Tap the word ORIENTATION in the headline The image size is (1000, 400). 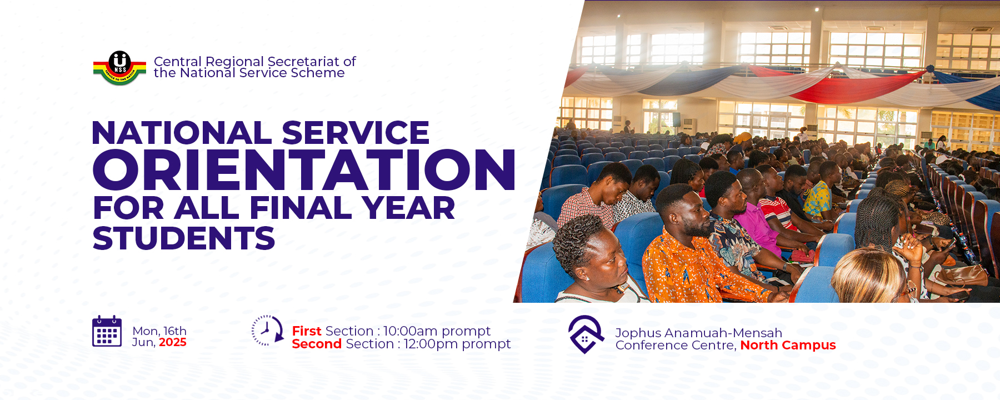click(304, 170)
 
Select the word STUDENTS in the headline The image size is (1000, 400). click(184, 238)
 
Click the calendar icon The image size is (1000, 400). click(107, 331)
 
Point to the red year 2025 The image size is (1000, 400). click(173, 343)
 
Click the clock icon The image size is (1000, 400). click(267, 331)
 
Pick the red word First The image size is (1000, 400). click(307, 331)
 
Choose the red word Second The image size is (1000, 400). click(317, 344)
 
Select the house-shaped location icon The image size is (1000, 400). click(586, 334)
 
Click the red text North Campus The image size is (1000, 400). click(788, 346)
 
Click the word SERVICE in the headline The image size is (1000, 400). click(356, 133)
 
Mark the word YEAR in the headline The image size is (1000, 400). click(408, 208)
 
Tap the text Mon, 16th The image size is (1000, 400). click(159, 331)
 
